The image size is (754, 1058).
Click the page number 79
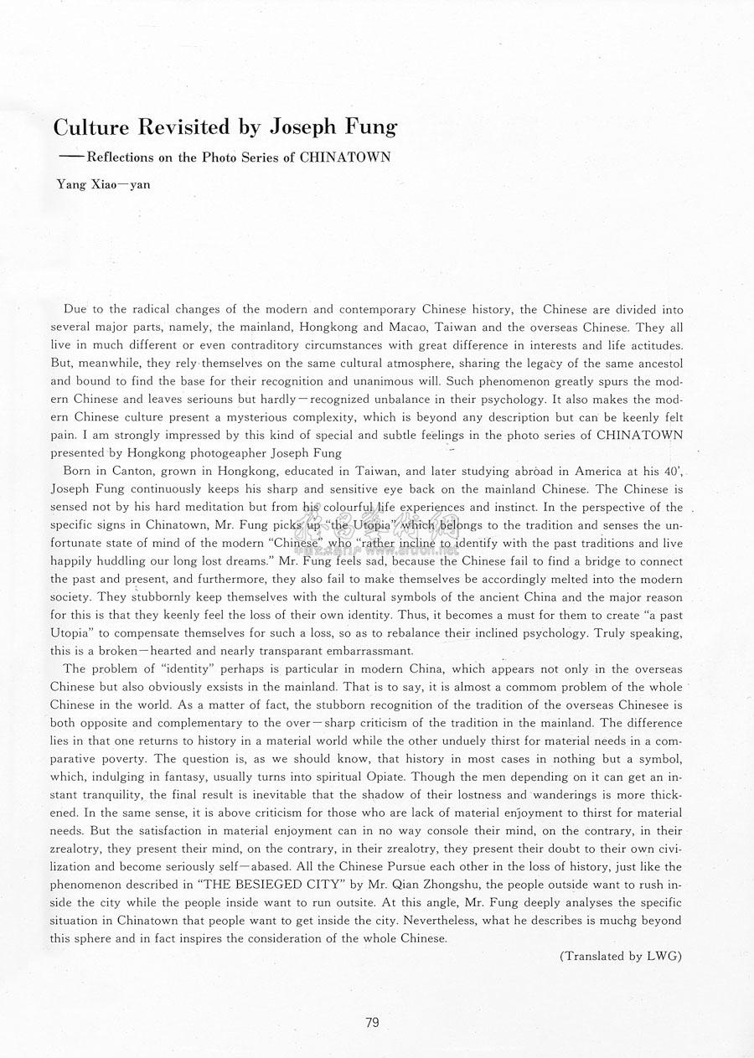(x=373, y=1022)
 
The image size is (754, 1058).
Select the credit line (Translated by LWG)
(x=621, y=956)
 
